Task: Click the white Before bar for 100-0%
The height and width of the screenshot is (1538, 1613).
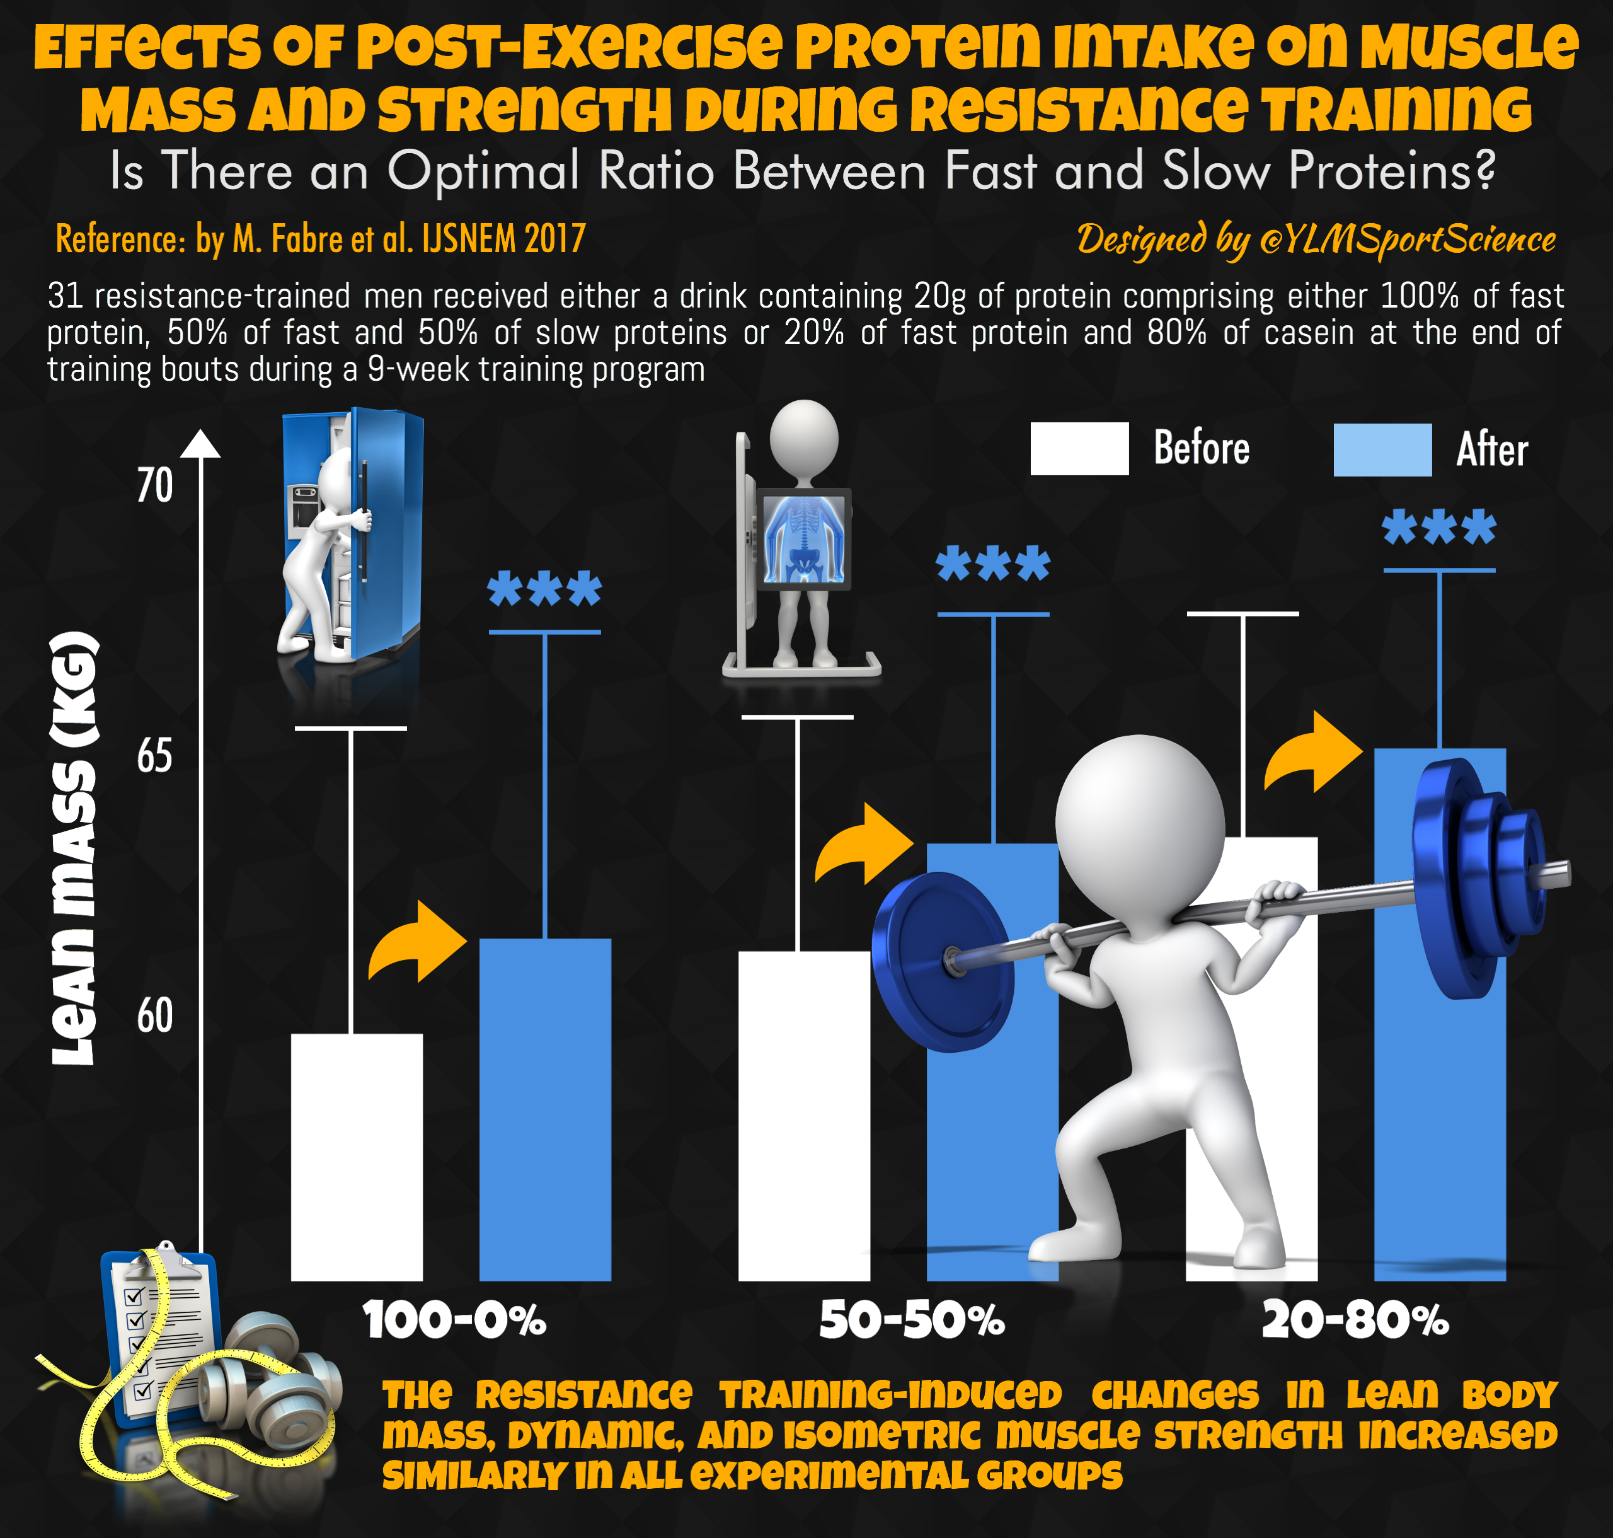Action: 357,1156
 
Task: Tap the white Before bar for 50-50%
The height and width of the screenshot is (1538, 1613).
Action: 803,1115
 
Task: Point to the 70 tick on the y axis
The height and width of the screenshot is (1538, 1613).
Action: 154,485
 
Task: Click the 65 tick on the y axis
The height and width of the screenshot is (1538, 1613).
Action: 154,755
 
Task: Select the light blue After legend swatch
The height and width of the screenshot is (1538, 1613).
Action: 1382,449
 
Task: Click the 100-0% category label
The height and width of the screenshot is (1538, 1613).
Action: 454,1321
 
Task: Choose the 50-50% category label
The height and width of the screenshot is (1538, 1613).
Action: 912,1321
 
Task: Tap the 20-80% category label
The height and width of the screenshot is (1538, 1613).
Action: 1355,1321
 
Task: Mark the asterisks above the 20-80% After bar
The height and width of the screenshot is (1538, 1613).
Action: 1438,527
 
